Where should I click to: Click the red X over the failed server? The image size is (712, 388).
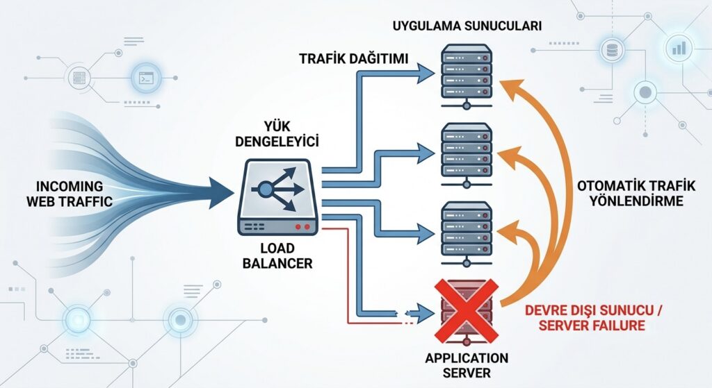pyautogui.click(x=467, y=310)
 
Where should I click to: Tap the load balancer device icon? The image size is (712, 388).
pyautogui.click(x=278, y=196)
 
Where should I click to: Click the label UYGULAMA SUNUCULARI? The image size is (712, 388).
pyautogui.click(x=467, y=26)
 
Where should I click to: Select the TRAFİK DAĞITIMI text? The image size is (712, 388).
pyautogui.click(x=354, y=58)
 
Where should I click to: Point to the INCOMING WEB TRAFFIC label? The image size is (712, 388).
pyautogui.click(x=70, y=194)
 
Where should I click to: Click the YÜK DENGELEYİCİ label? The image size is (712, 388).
pyautogui.click(x=277, y=134)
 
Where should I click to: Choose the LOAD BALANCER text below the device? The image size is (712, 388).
pyautogui.click(x=277, y=255)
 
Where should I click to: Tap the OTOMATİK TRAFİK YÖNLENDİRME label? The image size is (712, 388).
pyautogui.click(x=636, y=193)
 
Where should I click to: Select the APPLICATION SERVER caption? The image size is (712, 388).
pyautogui.click(x=467, y=365)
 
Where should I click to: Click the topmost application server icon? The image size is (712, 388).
pyautogui.click(x=467, y=76)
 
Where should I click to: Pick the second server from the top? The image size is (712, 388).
pyautogui.click(x=467, y=155)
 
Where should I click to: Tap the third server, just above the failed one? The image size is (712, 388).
pyautogui.click(x=467, y=235)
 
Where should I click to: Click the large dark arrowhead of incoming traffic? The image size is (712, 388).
pyautogui.click(x=221, y=193)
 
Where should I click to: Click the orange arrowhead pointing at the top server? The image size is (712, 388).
pyautogui.click(x=512, y=89)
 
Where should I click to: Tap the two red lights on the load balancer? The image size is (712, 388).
pyautogui.click(x=302, y=226)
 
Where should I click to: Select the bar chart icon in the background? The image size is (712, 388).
pyautogui.click(x=679, y=48)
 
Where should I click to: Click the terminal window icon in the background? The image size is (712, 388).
pyautogui.click(x=146, y=78)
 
